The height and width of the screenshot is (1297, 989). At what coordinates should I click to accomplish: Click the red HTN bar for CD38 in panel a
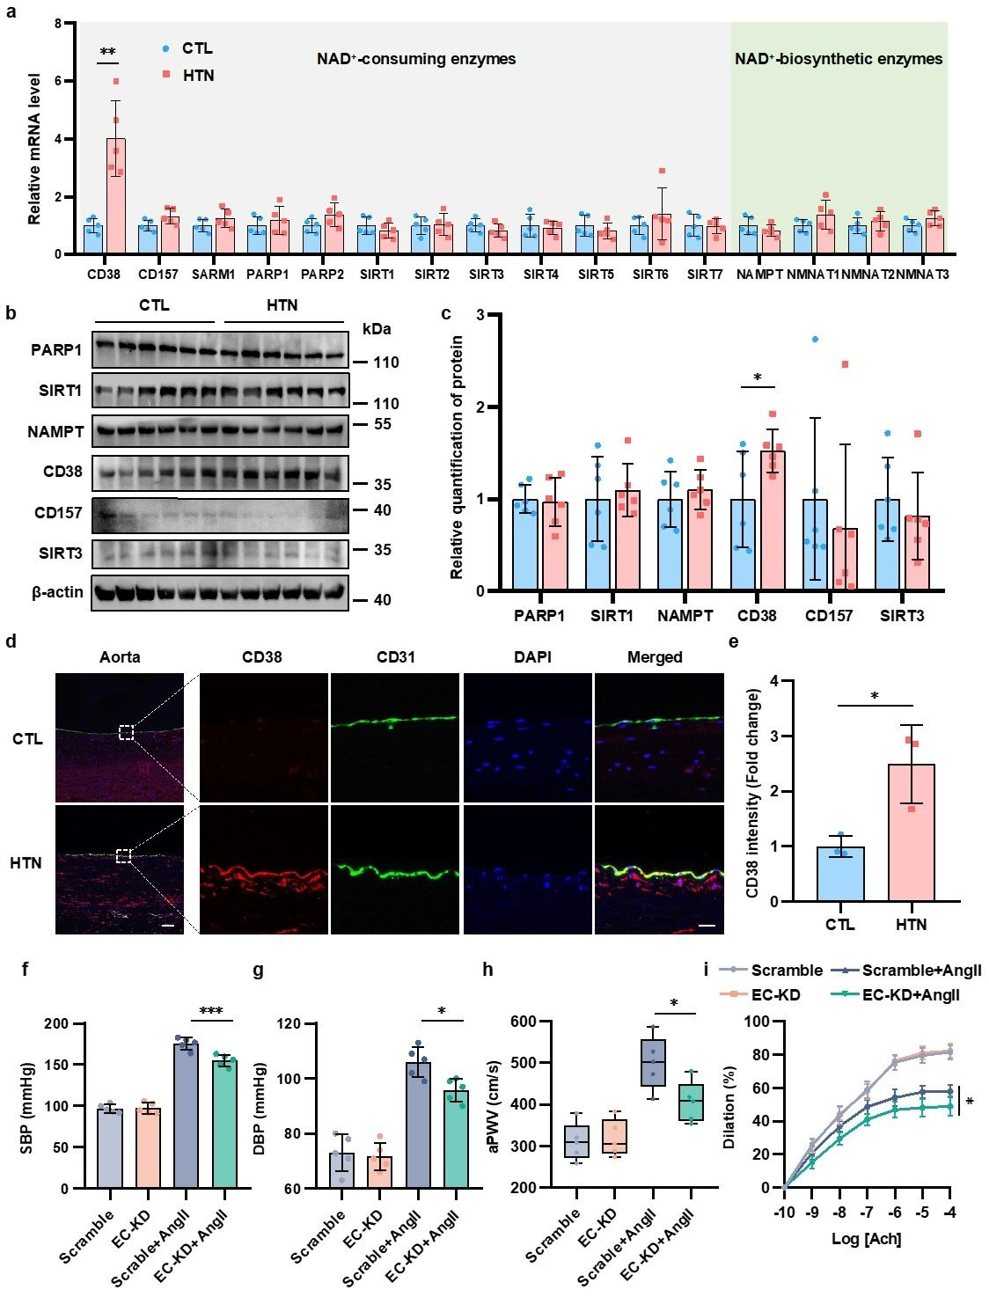click(116, 195)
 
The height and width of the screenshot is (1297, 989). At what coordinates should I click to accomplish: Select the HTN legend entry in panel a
click(197, 76)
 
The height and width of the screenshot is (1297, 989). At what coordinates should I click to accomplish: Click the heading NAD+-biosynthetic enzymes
click(839, 60)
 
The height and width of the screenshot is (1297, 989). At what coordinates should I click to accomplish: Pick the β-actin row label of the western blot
click(58, 592)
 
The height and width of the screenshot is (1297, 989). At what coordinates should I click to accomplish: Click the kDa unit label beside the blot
click(376, 330)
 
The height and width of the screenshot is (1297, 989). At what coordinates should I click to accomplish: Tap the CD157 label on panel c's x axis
click(829, 616)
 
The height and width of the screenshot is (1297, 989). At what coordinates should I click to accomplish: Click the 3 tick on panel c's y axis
click(480, 315)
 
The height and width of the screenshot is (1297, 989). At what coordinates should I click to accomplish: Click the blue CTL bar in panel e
click(840, 874)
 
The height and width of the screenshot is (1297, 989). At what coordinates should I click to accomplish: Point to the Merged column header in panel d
click(655, 657)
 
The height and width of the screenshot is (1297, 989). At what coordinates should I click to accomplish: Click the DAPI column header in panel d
click(526, 657)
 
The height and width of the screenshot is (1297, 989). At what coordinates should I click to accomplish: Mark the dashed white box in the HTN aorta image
click(124, 856)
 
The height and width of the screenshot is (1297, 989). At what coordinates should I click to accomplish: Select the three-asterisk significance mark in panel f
click(211, 1012)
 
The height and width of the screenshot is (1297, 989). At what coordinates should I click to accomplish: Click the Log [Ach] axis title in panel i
click(867, 1239)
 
